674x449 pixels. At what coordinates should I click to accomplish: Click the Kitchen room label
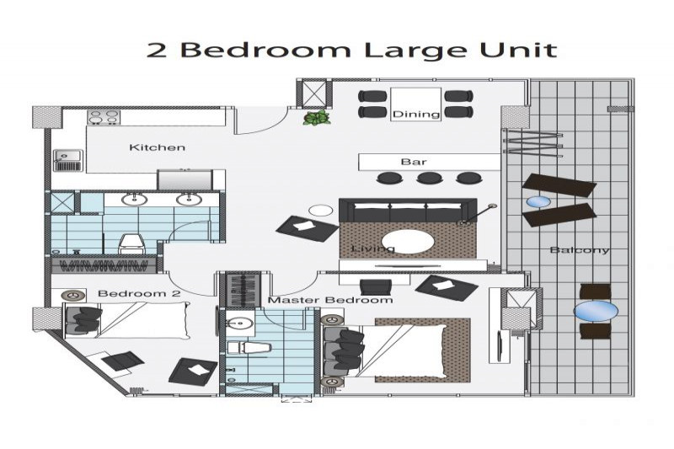coord(158,147)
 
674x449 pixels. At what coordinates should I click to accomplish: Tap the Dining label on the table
coord(416,115)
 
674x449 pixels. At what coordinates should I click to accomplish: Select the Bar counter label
coord(414,162)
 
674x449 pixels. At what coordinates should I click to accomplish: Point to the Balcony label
coord(580,250)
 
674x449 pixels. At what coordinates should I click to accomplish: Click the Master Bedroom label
coord(330,300)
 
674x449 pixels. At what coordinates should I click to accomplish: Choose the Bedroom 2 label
coord(139,294)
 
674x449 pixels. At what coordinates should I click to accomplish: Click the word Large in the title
coord(415,51)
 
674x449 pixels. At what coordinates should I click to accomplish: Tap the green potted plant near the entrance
coord(317,118)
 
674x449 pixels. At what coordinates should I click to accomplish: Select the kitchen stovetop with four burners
coord(104,117)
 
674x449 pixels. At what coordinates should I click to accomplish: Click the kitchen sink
coord(67,160)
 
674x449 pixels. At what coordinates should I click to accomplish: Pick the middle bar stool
coord(430,178)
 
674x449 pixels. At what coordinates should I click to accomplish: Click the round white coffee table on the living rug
coord(408,243)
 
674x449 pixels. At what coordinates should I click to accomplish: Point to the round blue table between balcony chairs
coord(596,311)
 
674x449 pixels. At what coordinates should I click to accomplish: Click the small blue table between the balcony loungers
coord(538,201)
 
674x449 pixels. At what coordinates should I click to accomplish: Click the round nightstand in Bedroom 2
coord(74,295)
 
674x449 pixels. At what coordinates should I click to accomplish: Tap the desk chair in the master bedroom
coord(376,287)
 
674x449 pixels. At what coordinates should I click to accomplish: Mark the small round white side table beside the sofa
coord(321,210)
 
